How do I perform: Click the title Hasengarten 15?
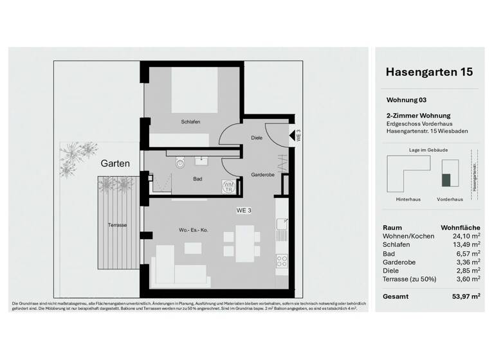click(x=428, y=72)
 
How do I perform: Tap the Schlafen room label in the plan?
click(x=191, y=122)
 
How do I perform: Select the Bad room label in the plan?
click(x=197, y=180)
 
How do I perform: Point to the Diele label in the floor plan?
click(x=257, y=138)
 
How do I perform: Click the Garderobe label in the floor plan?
click(x=263, y=174)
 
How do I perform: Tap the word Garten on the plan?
click(x=115, y=164)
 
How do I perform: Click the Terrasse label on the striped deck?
click(x=117, y=225)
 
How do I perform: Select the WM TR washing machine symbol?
click(x=228, y=187)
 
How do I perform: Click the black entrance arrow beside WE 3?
click(x=292, y=136)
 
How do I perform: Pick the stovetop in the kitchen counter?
click(x=282, y=261)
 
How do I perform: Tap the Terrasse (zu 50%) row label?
click(x=408, y=279)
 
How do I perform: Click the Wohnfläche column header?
click(x=460, y=228)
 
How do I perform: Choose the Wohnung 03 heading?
click(x=406, y=100)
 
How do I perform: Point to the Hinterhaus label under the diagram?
click(x=408, y=199)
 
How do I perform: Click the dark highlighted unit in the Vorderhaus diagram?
click(x=444, y=181)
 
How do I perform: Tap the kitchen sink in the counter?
click(x=282, y=225)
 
